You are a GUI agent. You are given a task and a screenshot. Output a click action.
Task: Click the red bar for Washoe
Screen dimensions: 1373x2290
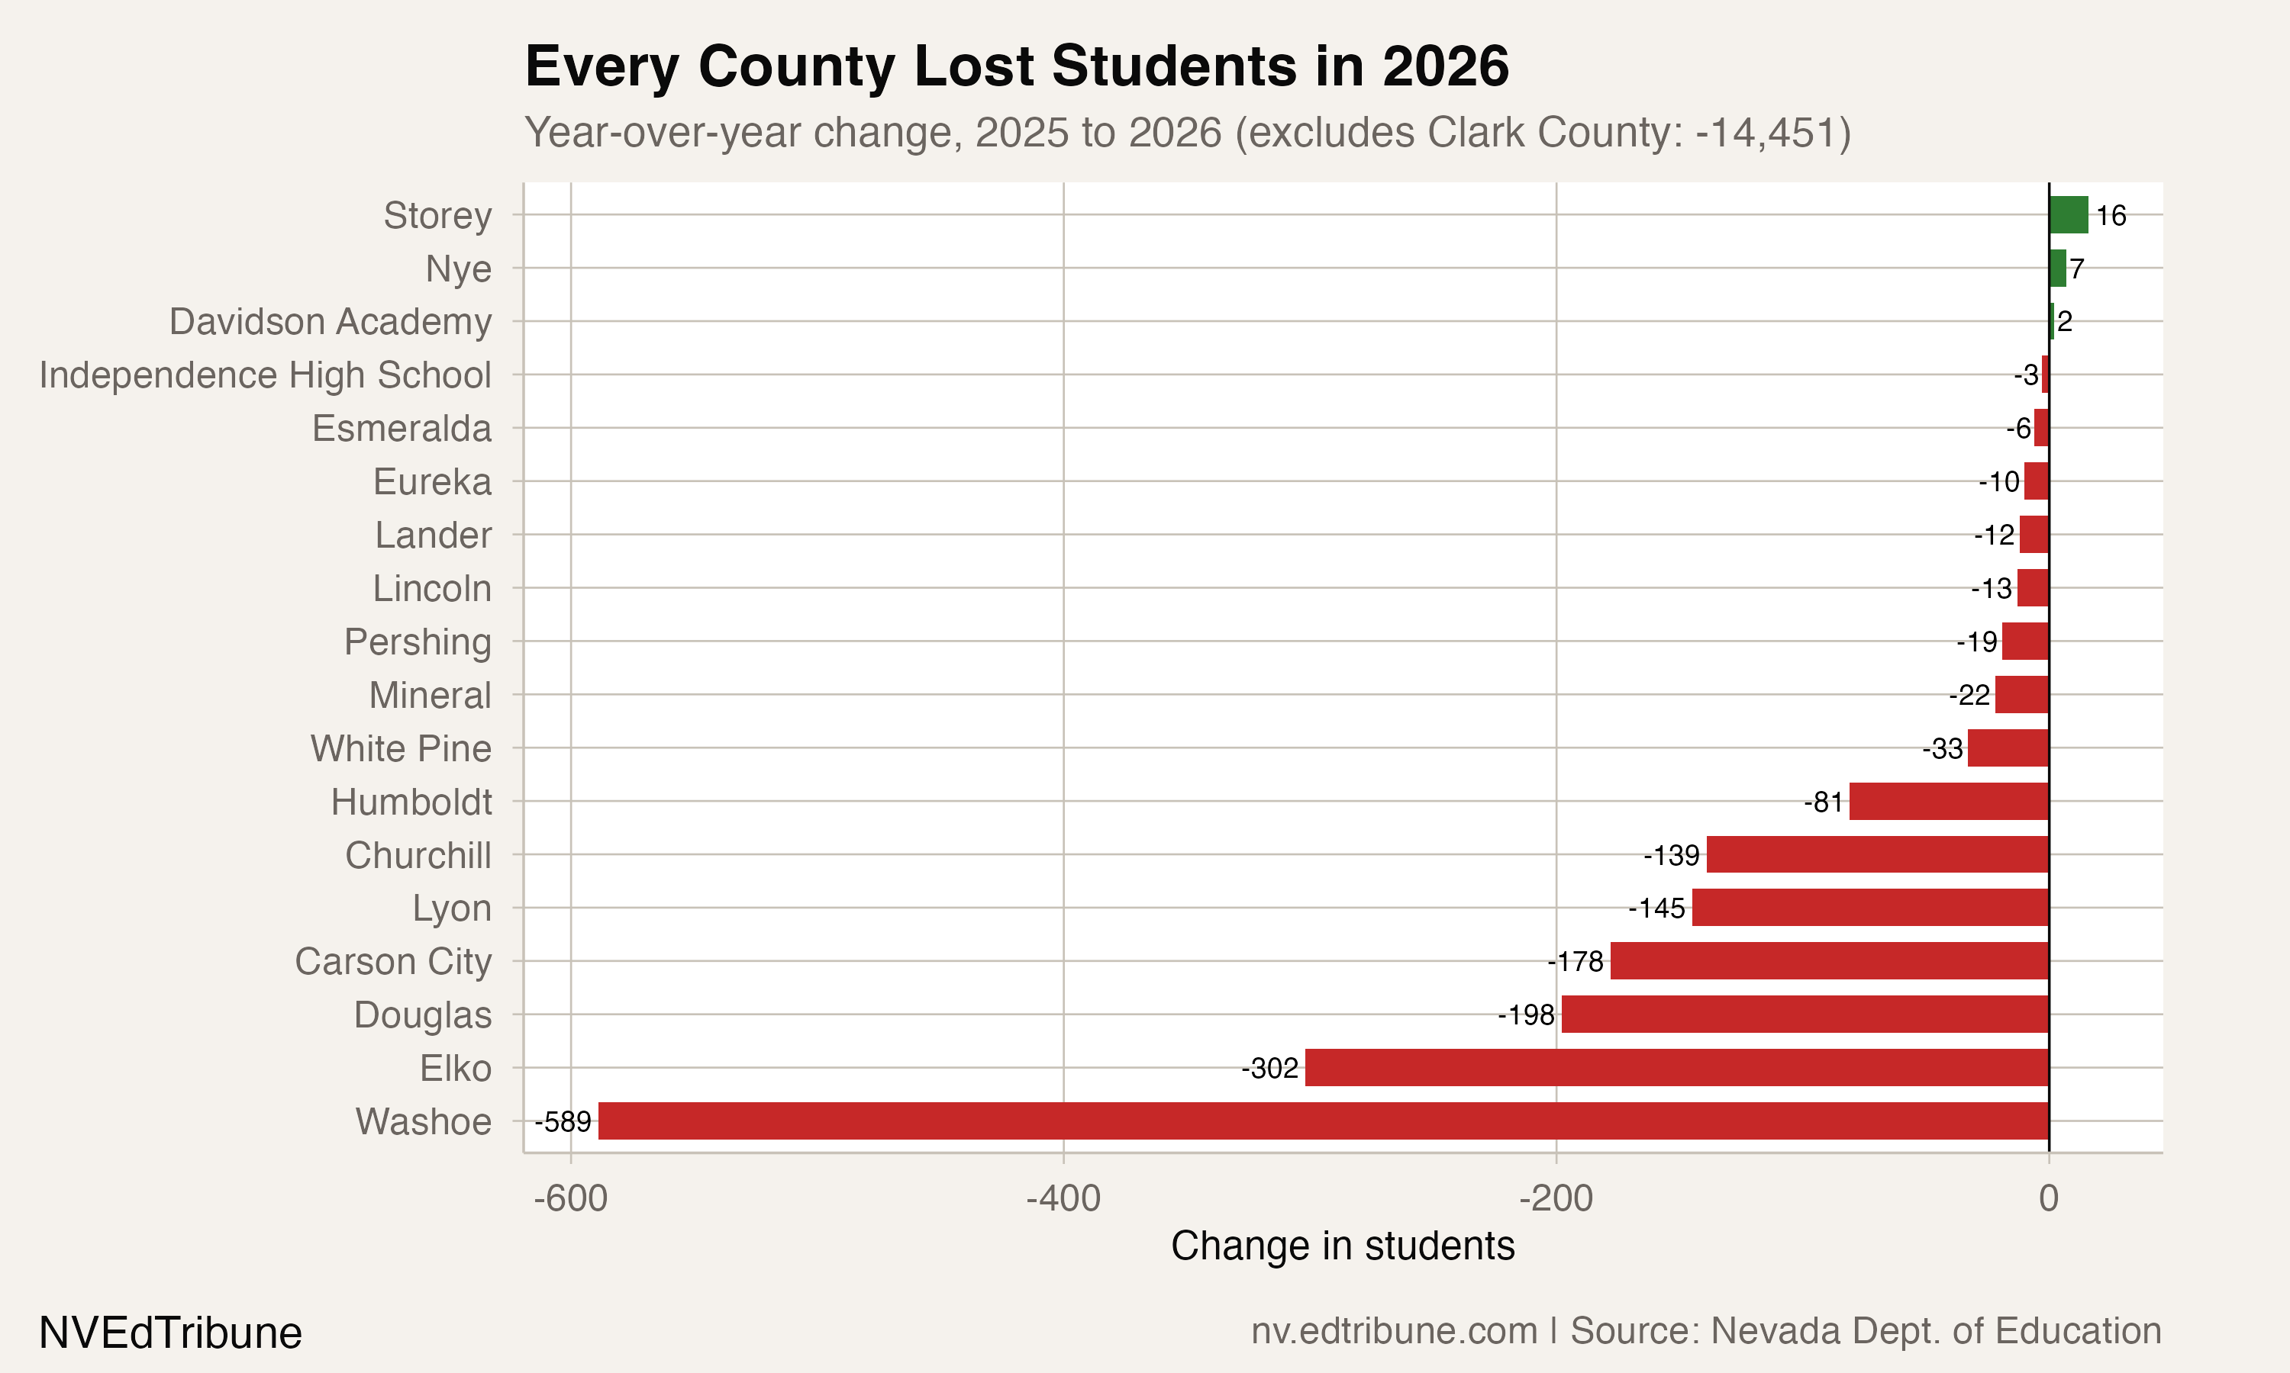1324,1121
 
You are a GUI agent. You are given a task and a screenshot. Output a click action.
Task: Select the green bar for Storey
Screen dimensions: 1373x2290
2068,214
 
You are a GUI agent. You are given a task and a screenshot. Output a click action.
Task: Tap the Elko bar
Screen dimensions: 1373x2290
1676,1067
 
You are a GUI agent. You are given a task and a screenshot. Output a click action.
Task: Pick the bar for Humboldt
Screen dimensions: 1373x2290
1949,800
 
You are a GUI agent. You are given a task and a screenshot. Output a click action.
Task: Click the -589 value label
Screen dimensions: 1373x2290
563,1121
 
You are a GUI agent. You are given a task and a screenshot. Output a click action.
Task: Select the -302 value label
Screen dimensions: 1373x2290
1270,1069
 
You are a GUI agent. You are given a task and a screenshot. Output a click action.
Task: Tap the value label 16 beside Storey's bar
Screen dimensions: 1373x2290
2111,216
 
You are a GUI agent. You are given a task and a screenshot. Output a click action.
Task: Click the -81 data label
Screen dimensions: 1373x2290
1824,802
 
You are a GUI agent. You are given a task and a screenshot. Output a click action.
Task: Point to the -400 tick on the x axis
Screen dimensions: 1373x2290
1063,1198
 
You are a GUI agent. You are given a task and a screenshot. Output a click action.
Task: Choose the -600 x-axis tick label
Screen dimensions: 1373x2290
571,1198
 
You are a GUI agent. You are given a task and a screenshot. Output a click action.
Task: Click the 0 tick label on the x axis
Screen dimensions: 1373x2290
2049,1198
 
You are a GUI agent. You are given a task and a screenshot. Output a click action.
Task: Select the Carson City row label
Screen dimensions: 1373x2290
392,961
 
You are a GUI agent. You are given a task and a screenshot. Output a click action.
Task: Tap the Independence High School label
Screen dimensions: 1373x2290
265,375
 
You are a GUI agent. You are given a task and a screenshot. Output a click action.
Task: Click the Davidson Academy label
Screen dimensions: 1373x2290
330,321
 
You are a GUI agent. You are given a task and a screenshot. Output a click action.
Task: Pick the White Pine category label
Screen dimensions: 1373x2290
401,748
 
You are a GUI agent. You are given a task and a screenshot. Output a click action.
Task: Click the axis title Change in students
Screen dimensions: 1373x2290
1342,1246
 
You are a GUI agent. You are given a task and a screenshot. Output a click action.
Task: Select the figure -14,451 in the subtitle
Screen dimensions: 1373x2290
1765,132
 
